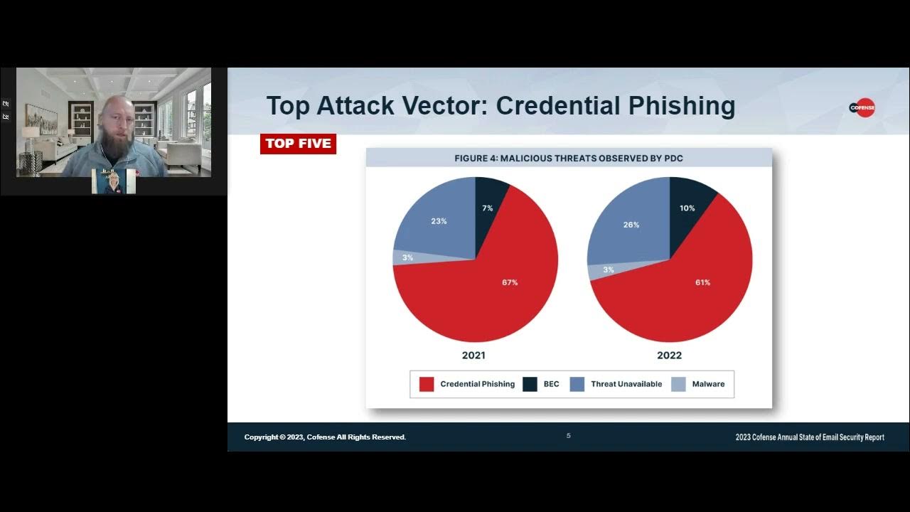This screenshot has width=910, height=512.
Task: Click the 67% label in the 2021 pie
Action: pyautogui.click(x=509, y=282)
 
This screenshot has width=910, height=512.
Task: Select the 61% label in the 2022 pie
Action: pyautogui.click(x=702, y=282)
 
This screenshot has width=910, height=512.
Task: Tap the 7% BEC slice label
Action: pyautogui.click(x=487, y=208)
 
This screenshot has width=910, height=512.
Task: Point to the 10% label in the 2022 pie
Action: pyautogui.click(x=687, y=208)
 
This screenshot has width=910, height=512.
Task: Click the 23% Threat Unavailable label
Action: pyautogui.click(x=439, y=221)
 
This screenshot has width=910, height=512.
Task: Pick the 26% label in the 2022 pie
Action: pyautogui.click(x=631, y=225)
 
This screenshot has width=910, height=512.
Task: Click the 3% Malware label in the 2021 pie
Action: pyautogui.click(x=407, y=257)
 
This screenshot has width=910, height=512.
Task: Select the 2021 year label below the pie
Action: pyautogui.click(x=473, y=356)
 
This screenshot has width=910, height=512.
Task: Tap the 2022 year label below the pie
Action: pyautogui.click(x=669, y=356)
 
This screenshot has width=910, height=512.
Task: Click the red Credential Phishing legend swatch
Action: pyautogui.click(x=427, y=384)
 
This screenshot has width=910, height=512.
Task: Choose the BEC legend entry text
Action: pyautogui.click(x=551, y=384)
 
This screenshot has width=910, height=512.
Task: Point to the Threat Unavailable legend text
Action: pyautogui.click(x=626, y=384)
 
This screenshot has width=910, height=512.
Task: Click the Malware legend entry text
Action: pyautogui.click(x=708, y=384)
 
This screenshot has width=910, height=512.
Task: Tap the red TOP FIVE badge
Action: pyautogui.click(x=298, y=144)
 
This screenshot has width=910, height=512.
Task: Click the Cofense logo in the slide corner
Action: pyautogui.click(x=862, y=107)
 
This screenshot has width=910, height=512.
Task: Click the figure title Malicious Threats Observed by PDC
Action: pyautogui.click(x=569, y=158)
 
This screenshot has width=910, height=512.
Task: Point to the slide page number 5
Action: pyautogui.click(x=568, y=436)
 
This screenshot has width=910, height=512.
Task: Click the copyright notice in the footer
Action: pyautogui.click(x=325, y=437)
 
